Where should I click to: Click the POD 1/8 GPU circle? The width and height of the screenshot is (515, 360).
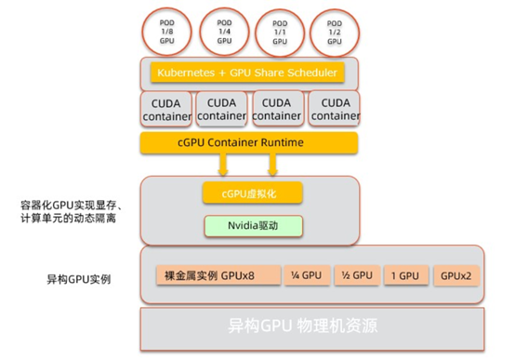168,29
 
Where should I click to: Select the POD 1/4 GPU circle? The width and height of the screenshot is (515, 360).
223,29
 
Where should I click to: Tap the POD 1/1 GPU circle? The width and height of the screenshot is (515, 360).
278,30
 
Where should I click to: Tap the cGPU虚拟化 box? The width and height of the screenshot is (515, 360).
241,193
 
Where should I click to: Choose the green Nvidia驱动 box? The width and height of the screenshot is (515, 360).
241,224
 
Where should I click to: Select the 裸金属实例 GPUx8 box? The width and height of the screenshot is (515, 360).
209,275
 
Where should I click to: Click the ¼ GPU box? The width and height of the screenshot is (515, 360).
305,275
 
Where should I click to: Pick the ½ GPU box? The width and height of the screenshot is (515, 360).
357,275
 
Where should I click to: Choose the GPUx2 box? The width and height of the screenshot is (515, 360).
456,275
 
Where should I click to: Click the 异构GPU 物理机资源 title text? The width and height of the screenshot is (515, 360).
303,327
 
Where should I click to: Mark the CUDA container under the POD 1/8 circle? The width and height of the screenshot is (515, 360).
168,109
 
